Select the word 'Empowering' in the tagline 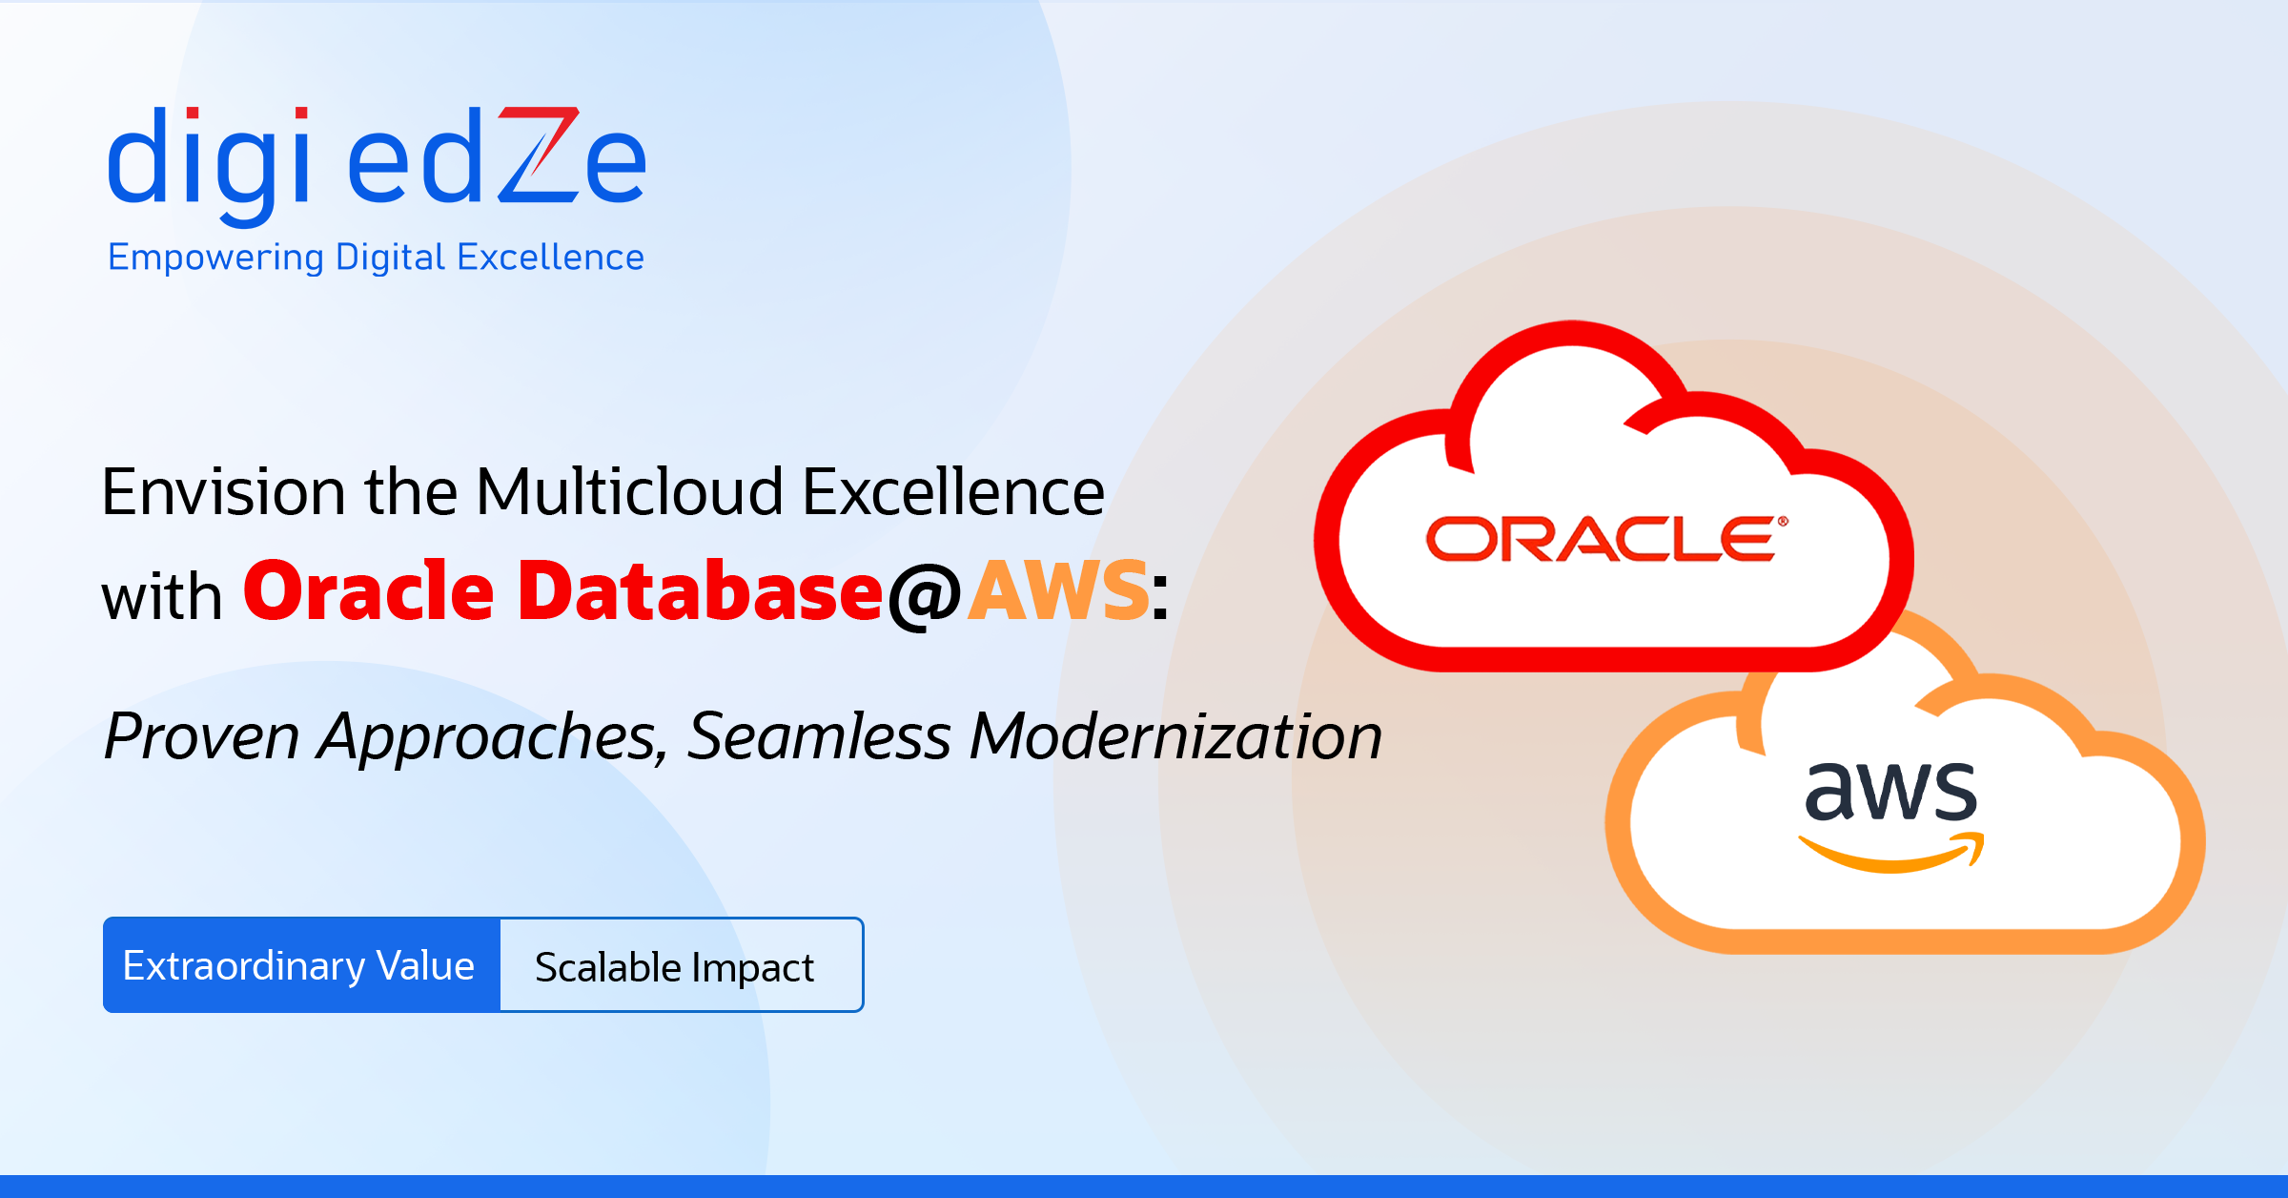[x=215, y=258]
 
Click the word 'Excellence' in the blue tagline [x=550, y=258]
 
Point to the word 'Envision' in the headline [x=223, y=492]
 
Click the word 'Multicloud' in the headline [x=629, y=492]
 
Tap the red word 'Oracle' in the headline [x=369, y=590]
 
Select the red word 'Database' [x=701, y=590]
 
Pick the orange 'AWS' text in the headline [x=1059, y=590]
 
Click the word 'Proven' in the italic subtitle [x=202, y=737]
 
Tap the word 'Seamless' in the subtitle [x=819, y=736]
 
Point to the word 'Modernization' [x=1175, y=736]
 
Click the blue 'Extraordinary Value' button [x=301, y=965]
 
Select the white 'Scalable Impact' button [x=682, y=965]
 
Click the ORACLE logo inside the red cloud [x=1607, y=538]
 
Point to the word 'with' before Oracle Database [x=162, y=597]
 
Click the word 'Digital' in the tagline [x=391, y=258]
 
